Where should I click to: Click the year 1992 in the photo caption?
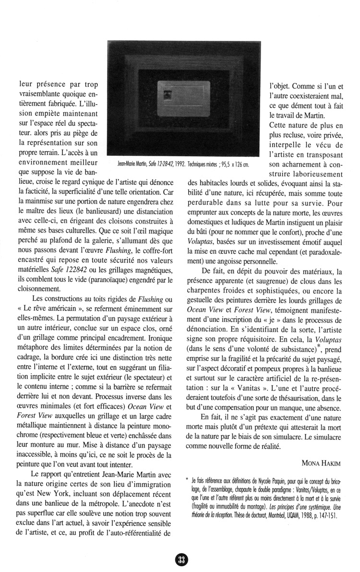[179, 164]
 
